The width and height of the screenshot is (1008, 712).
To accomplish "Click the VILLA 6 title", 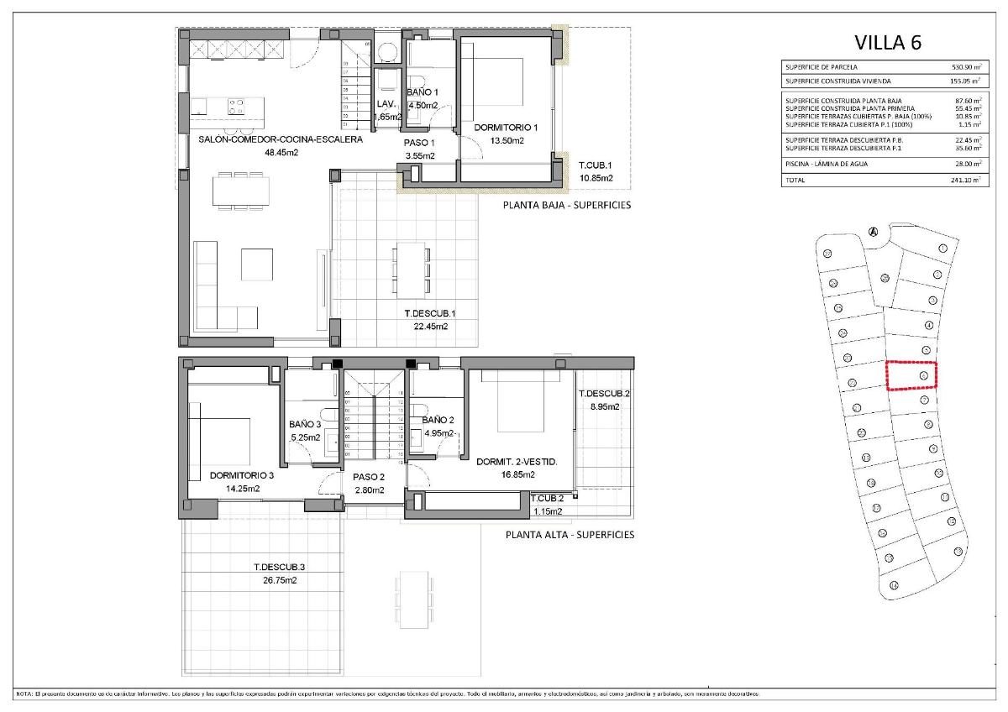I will [x=888, y=42].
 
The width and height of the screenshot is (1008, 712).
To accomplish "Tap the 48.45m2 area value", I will [x=281, y=153].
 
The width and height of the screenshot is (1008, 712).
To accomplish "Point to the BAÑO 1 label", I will [x=423, y=92].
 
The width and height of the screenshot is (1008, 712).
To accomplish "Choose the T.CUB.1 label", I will [x=594, y=165].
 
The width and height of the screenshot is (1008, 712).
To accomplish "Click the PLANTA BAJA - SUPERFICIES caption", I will [x=566, y=205].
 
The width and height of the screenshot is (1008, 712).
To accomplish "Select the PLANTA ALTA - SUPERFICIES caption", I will [x=570, y=534].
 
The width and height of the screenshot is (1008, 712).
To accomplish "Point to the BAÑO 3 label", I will [x=304, y=425].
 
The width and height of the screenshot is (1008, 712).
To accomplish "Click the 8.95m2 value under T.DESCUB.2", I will [x=604, y=406].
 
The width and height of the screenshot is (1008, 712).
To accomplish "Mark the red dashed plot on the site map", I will [x=912, y=375].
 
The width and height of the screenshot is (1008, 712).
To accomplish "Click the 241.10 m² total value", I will [x=963, y=180].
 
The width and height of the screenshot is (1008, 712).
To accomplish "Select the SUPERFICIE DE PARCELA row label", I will [x=822, y=66].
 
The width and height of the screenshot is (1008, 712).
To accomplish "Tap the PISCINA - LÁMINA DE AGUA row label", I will [x=826, y=164].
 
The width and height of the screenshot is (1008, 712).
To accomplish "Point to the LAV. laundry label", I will [x=386, y=103].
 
